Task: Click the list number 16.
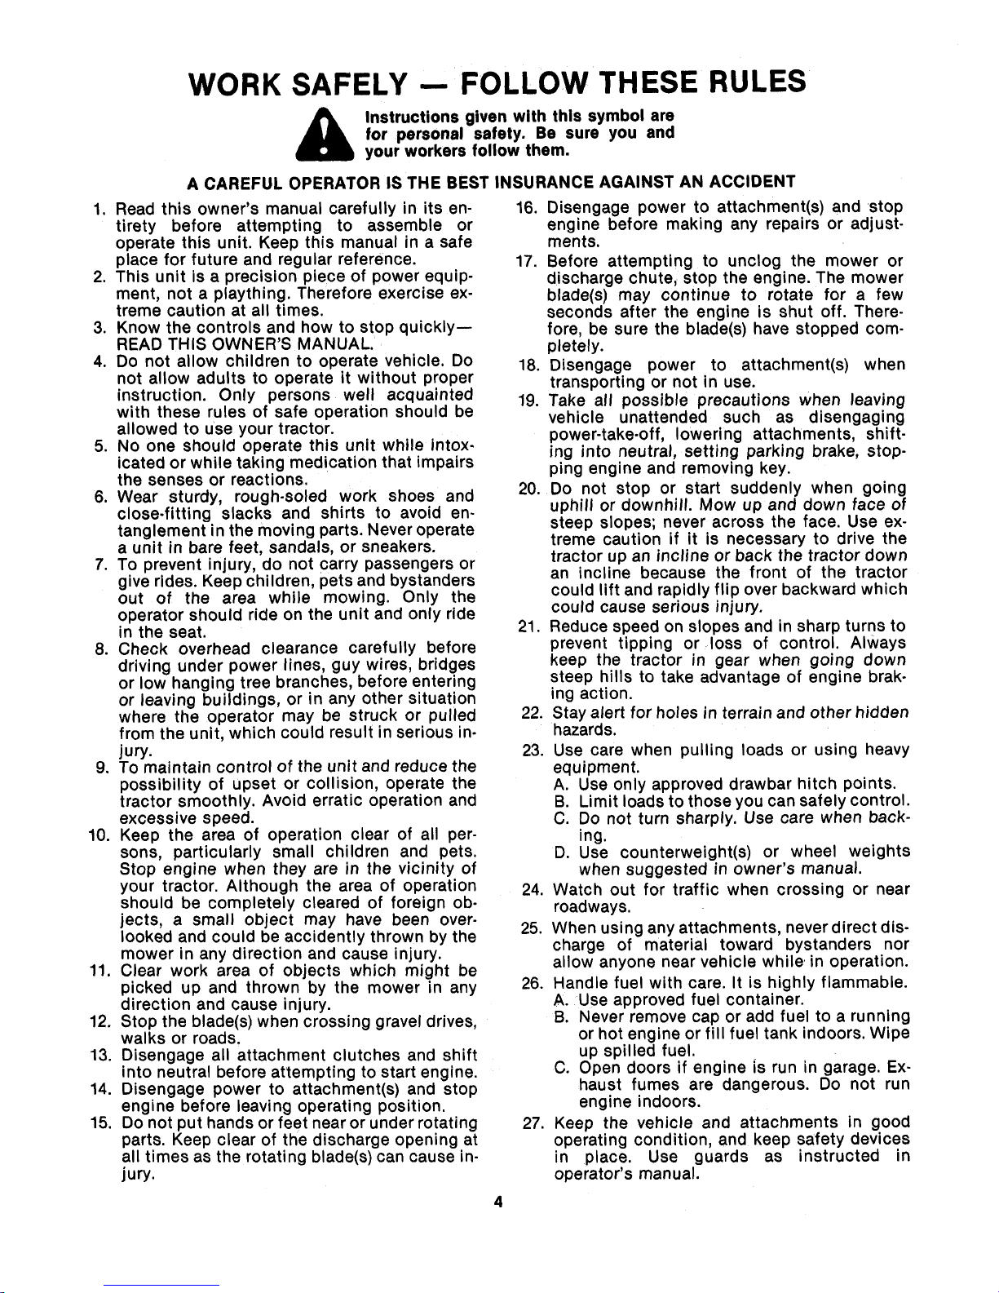click(x=527, y=207)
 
